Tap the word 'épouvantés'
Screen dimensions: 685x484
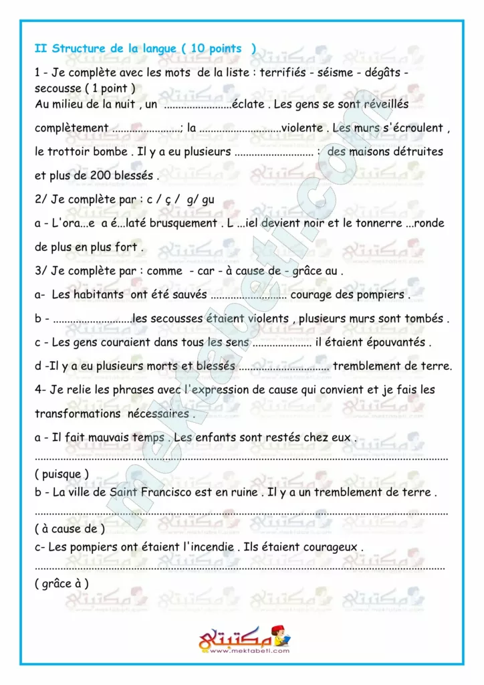point(392,342)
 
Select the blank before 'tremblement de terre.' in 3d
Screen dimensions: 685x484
point(283,367)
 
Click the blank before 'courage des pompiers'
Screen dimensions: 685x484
point(248,295)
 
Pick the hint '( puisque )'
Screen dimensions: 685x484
point(62,474)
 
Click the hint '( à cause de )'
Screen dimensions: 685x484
point(70,529)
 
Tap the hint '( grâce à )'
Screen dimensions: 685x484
point(62,584)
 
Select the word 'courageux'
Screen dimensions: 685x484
point(329,547)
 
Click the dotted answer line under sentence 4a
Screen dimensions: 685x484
point(241,459)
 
